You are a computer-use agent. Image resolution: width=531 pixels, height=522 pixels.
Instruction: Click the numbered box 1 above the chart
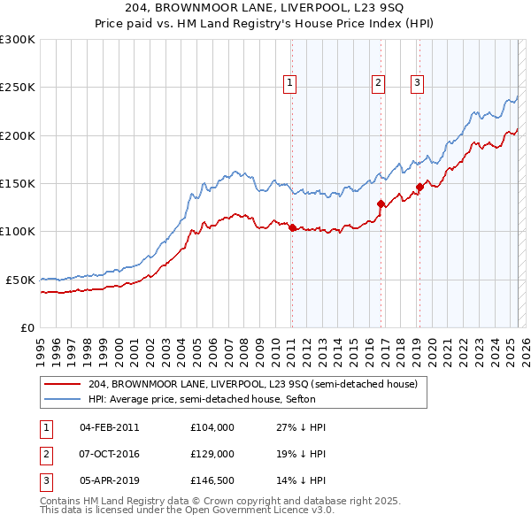pos(289,83)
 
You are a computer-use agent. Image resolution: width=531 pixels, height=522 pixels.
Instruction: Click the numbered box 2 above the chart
pos(378,83)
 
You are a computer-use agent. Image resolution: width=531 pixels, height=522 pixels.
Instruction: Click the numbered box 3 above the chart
pos(417,83)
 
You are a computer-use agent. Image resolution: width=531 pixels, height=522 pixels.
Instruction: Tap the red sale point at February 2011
pos(292,227)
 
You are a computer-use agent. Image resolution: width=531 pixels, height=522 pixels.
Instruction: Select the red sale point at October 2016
pos(381,203)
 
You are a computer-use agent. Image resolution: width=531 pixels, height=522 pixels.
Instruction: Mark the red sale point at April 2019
pos(420,187)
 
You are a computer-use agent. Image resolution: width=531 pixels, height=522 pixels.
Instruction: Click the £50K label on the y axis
pos(20,280)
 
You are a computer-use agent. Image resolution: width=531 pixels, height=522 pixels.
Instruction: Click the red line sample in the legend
pos(62,384)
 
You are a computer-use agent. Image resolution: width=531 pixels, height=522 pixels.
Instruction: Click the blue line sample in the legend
pos(62,399)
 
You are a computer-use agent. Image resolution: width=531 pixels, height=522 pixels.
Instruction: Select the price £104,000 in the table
pos(212,427)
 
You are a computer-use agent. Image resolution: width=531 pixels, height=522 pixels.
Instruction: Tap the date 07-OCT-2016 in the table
pos(109,453)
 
